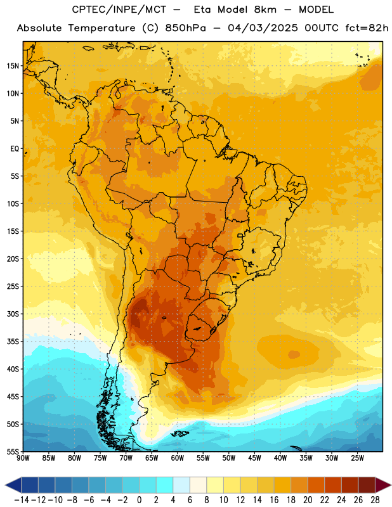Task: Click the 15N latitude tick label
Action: tap(13, 66)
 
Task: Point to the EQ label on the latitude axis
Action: tap(15, 149)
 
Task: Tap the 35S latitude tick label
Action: tap(13, 342)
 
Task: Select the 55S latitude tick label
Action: tap(13, 451)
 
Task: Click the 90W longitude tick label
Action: tap(23, 458)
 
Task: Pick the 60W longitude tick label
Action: tap(178, 458)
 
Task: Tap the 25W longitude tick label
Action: tap(357, 458)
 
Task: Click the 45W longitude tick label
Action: tap(254, 458)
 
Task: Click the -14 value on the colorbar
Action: tap(22, 500)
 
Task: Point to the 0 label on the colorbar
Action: tap(139, 500)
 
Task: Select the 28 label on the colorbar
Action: tap(375, 500)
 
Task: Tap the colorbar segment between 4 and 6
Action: tap(181, 485)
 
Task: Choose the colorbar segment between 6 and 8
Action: tap(198, 485)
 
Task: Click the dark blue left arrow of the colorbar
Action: tap(13, 485)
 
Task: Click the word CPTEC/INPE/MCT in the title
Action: tap(119, 10)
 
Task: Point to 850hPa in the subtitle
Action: tap(185, 28)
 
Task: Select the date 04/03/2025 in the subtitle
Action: tap(263, 28)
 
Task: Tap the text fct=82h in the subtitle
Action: tap(367, 28)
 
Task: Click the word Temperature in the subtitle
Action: tap(101, 29)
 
